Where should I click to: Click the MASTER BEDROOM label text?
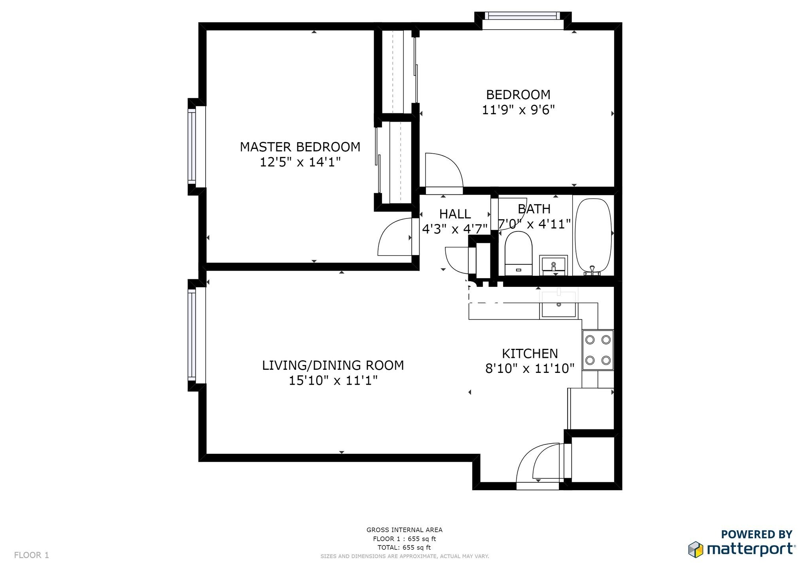(x=300, y=147)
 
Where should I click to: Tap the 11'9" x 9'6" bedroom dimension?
(x=518, y=110)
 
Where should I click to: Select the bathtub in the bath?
(x=593, y=235)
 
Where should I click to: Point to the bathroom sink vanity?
(x=554, y=265)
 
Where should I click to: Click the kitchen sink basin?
(x=558, y=309)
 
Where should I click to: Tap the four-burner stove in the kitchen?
(x=598, y=350)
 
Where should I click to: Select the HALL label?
(x=455, y=214)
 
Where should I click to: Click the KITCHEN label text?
(x=530, y=353)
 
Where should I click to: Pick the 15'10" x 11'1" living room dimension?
(x=333, y=381)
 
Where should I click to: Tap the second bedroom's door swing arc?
(x=443, y=170)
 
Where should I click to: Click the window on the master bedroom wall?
(x=192, y=147)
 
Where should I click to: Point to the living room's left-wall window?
(x=192, y=335)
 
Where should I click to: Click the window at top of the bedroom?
(x=522, y=17)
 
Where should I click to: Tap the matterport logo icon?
(x=696, y=549)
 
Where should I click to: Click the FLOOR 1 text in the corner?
(x=32, y=555)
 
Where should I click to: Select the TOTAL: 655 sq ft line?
(x=404, y=548)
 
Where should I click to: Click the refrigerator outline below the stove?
(x=590, y=408)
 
